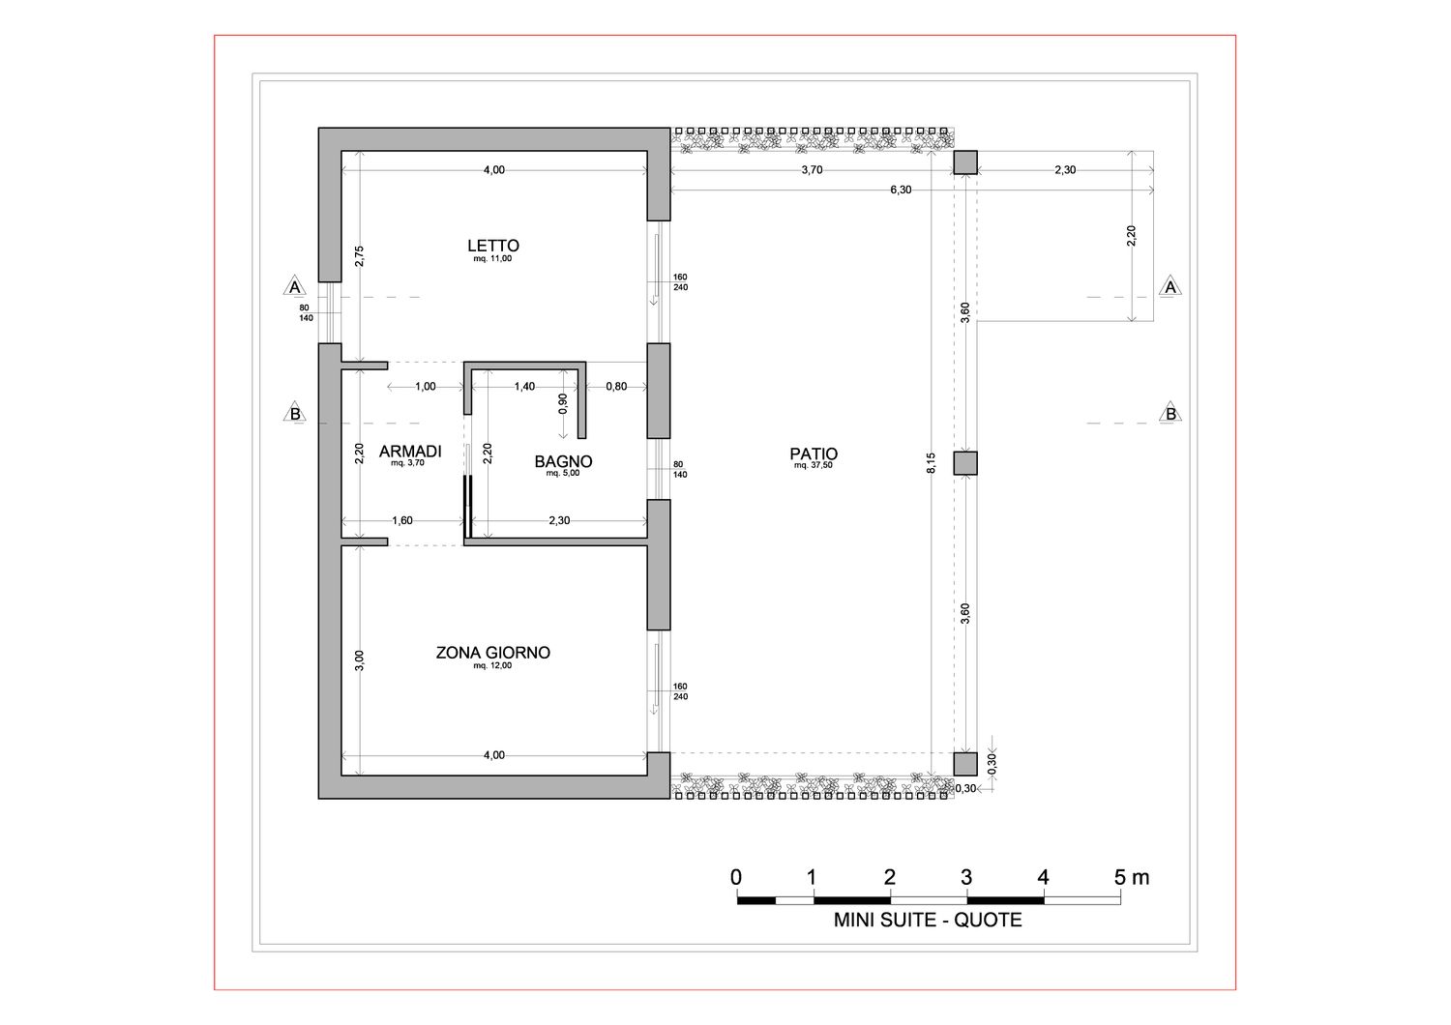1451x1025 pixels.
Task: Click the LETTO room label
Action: (493, 246)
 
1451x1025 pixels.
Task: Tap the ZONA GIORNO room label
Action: (493, 653)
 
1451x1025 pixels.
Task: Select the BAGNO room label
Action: (563, 461)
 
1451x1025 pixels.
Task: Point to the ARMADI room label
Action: (410, 452)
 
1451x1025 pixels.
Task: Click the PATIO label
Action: (814, 454)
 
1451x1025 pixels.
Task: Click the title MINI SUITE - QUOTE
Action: (928, 921)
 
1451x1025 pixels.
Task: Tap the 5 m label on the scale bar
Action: (1132, 877)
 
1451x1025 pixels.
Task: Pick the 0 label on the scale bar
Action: (736, 877)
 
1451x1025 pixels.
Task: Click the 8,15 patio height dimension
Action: (931, 463)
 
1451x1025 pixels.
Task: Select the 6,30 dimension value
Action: (901, 190)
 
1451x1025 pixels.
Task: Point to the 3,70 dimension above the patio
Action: (812, 169)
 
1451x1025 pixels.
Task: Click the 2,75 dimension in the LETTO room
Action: (360, 255)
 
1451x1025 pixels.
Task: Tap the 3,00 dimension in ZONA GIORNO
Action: (360, 660)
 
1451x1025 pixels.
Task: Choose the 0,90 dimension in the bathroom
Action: (562, 403)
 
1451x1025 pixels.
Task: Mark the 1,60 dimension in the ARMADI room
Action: (402, 520)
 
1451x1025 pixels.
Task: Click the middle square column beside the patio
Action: (965, 463)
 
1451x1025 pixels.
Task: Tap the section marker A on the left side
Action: (295, 287)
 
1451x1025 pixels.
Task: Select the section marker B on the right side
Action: (1170, 413)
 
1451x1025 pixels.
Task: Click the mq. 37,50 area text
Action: (813, 465)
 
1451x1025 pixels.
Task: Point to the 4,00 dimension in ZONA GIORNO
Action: (493, 755)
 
